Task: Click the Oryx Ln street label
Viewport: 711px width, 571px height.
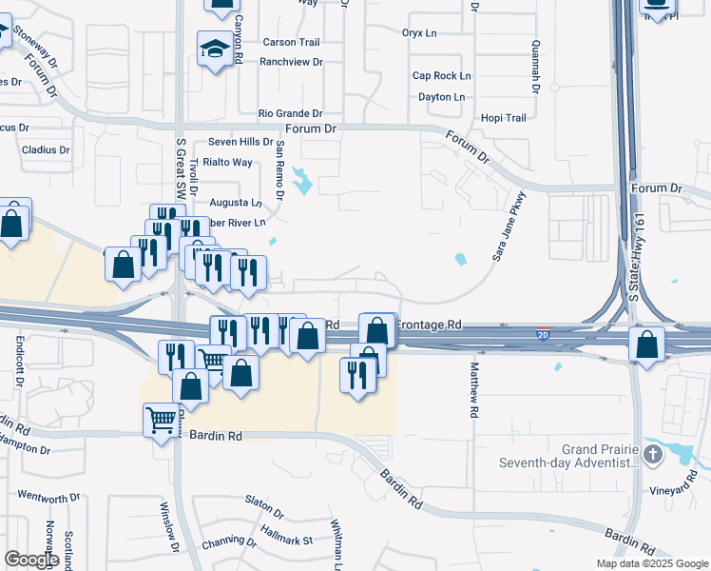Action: click(418, 32)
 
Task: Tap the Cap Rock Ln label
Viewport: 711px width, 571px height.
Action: click(441, 76)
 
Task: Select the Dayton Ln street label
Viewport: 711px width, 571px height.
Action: click(441, 97)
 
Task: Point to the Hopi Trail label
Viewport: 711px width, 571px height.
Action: click(503, 118)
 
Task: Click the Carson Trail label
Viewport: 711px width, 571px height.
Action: click(291, 42)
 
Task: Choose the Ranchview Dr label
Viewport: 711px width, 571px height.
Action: click(291, 62)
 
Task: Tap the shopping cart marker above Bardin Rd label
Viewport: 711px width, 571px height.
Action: click(161, 419)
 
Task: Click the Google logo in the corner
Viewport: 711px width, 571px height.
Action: click(32, 560)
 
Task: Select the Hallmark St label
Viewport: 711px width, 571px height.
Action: click(286, 541)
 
